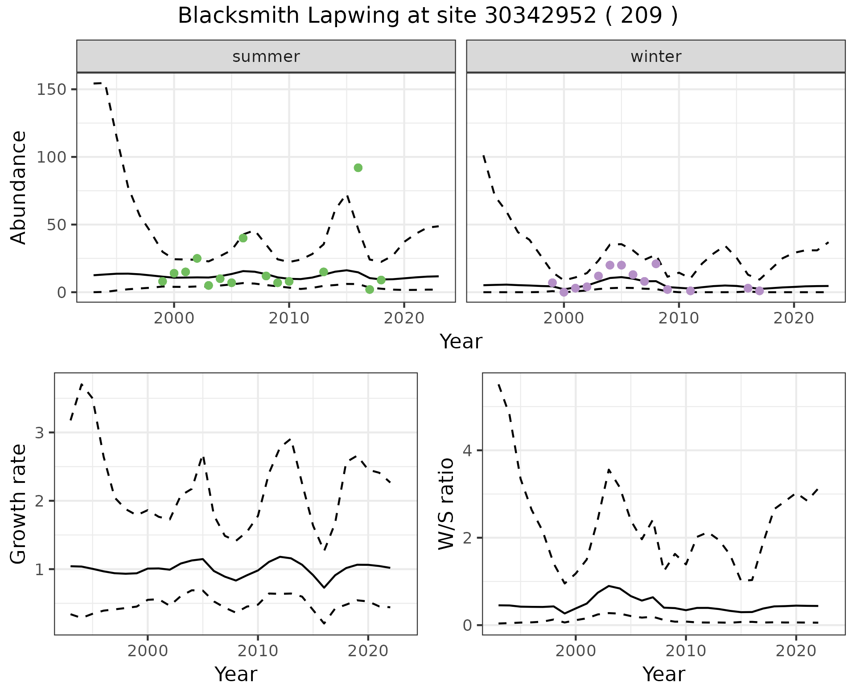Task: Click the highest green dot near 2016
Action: tap(358, 168)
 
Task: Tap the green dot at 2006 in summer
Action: tap(243, 238)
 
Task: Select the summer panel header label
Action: tap(266, 57)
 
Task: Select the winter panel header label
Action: tap(656, 57)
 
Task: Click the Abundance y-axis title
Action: tap(18, 187)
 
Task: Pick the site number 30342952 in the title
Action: tap(540, 16)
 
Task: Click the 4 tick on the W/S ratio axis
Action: tap(467, 450)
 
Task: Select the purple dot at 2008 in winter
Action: tap(656, 264)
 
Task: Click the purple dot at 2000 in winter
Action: tap(564, 292)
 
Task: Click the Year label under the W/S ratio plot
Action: tap(663, 674)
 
